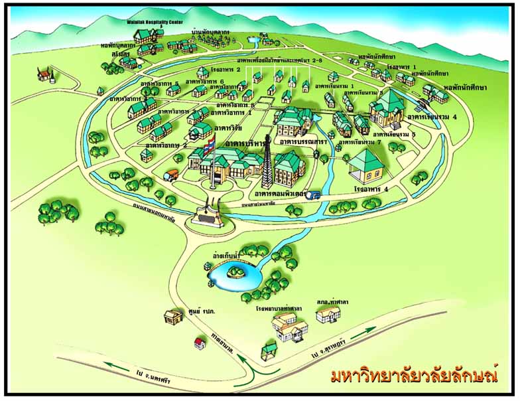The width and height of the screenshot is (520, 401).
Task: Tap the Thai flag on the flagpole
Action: click(x=209, y=141)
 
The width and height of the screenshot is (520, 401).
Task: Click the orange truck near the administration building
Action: click(x=172, y=175)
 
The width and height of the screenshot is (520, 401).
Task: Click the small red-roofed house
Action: click(x=198, y=343)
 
